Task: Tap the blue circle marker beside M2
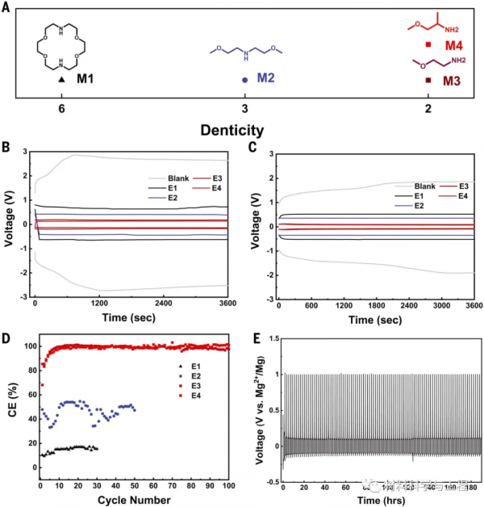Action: pos(244,80)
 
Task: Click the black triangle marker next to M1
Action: pos(61,80)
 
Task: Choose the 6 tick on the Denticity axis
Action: pos(61,109)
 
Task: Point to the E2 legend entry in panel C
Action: pos(398,207)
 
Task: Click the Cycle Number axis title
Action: pos(134,500)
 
